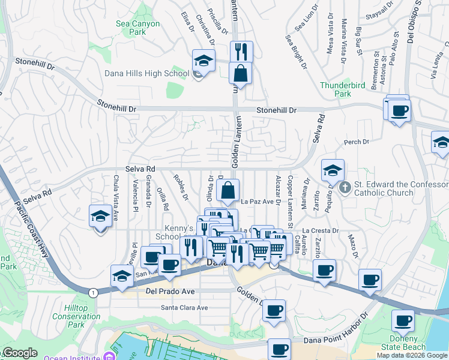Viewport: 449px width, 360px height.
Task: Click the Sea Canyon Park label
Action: click(x=138, y=28)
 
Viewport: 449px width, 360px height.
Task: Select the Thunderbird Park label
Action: click(x=343, y=89)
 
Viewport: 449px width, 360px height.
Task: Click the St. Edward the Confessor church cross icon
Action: click(x=345, y=188)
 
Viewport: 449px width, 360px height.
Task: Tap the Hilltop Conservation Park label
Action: click(x=76, y=316)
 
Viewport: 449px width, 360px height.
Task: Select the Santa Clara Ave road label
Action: click(x=184, y=308)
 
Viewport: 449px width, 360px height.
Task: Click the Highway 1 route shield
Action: click(x=93, y=293)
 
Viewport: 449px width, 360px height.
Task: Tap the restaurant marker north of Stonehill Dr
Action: click(x=241, y=52)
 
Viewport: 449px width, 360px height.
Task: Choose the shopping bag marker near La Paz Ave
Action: click(x=229, y=191)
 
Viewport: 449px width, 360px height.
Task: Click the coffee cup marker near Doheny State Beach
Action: click(x=403, y=320)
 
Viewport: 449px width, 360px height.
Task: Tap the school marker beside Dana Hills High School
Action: click(x=203, y=61)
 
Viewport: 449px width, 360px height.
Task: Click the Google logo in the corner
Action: click(x=19, y=353)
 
